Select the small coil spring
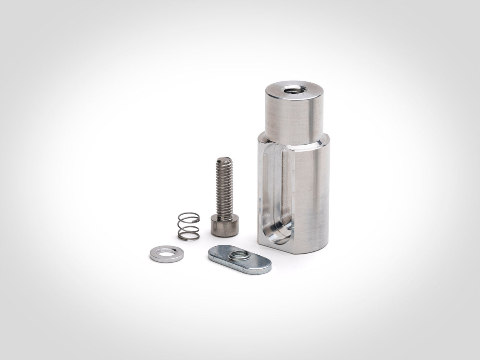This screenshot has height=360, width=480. pos(188,226)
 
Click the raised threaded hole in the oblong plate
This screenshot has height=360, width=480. pos(239,255)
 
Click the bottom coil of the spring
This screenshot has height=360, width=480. pos(188,236)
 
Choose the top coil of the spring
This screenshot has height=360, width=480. pos(188,215)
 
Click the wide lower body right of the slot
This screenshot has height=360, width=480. pos(312,194)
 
